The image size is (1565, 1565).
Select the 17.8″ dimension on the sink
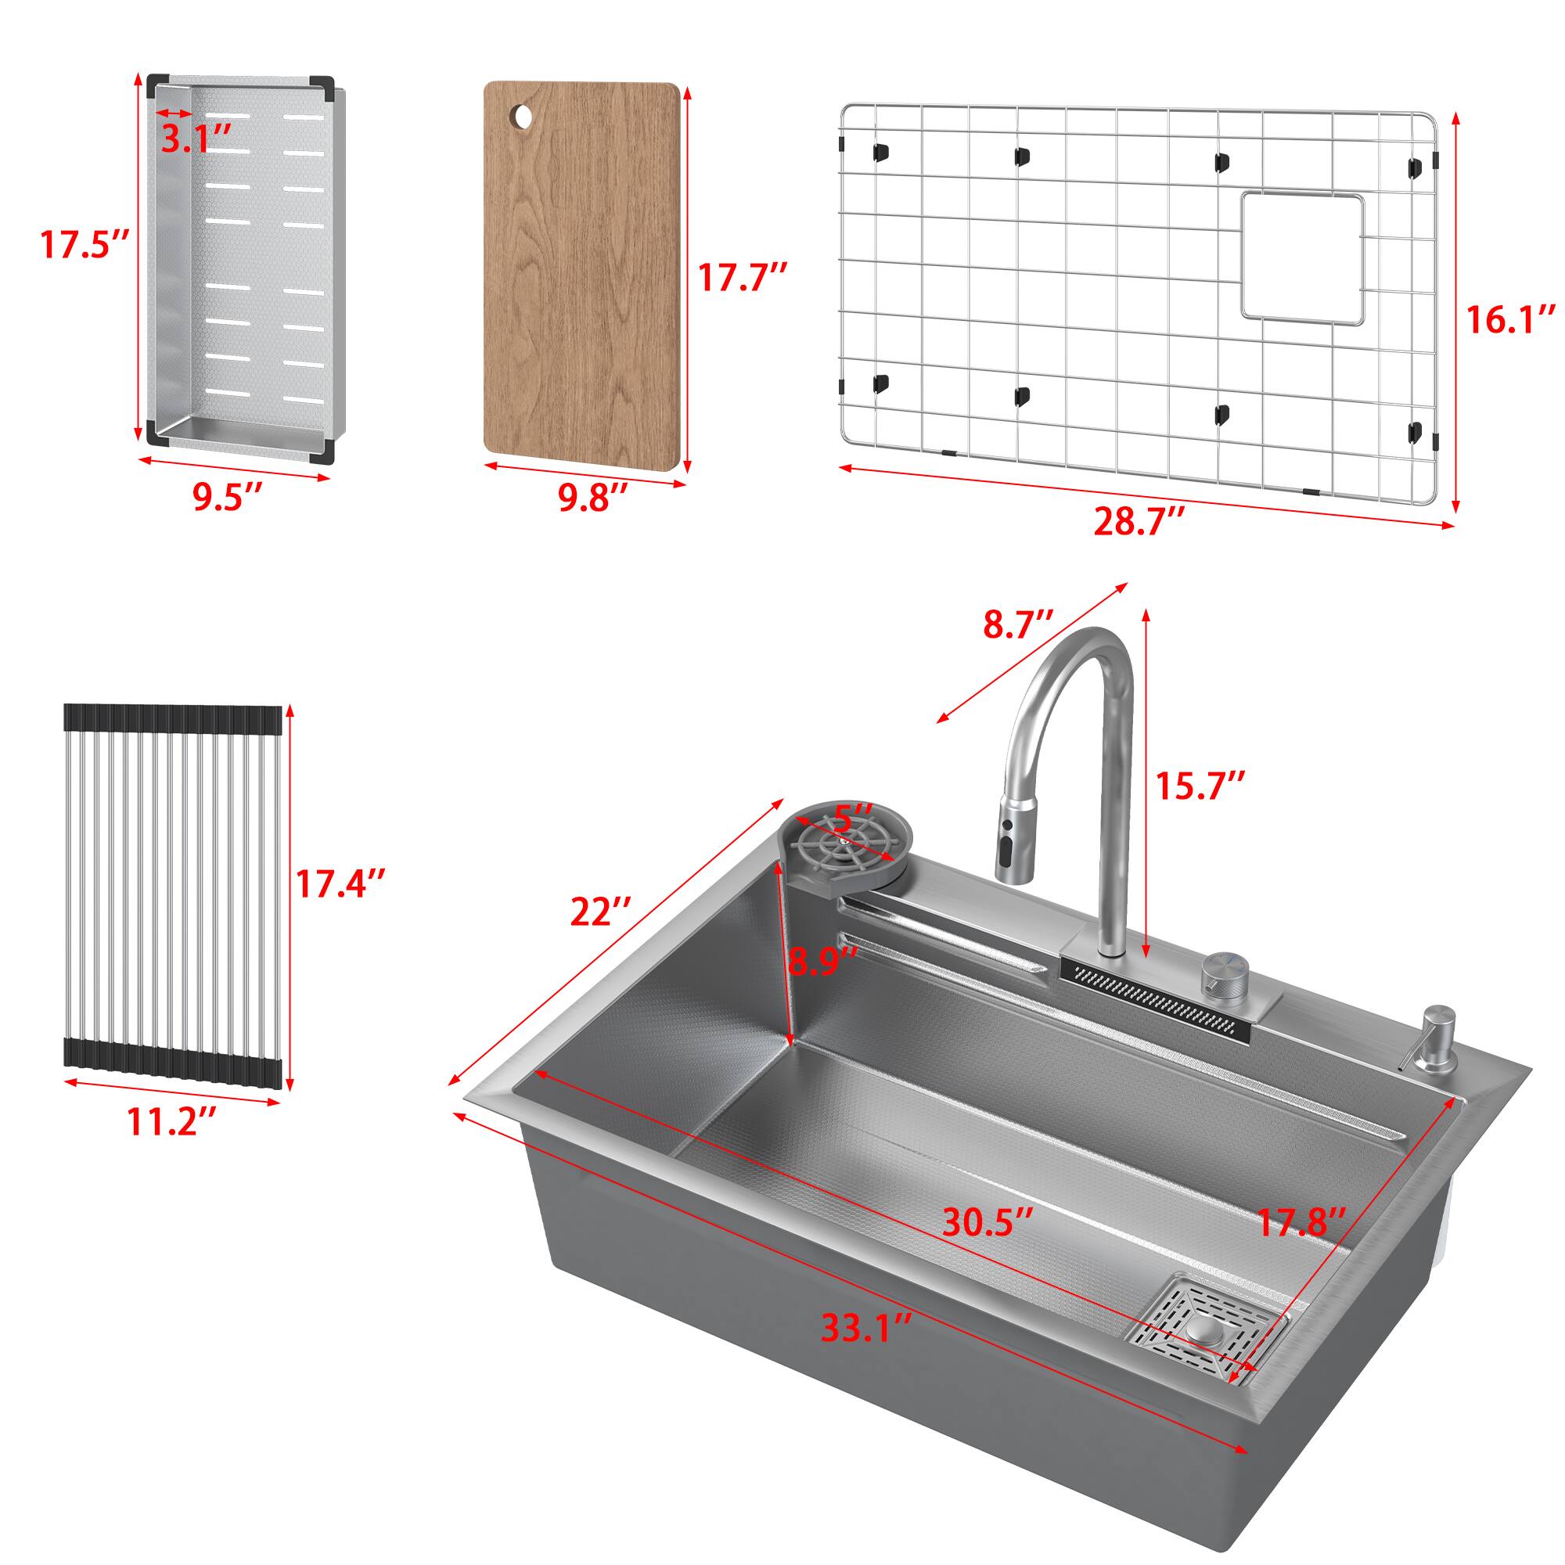click(1301, 1222)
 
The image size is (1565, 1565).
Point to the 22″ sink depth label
click(600, 912)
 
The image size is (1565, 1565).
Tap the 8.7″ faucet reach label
click(1019, 624)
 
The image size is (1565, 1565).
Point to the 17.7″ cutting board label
click(743, 277)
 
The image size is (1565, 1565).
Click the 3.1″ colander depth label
click(198, 139)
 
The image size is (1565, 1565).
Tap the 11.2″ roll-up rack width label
click(171, 1121)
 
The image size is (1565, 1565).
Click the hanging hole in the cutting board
click(522, 118)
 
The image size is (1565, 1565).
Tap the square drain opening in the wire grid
click(1303, 258)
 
